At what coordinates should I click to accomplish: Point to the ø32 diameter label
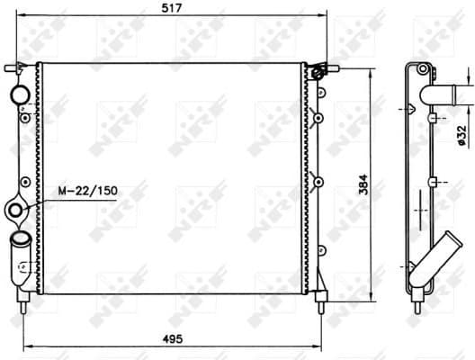coord(461,132)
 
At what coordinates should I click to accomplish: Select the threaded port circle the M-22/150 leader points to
coord(15,211)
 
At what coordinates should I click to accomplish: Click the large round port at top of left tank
coord(19,94)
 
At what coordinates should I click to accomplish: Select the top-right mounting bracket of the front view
coord(318,70)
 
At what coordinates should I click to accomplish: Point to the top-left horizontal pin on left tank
coord(13,67)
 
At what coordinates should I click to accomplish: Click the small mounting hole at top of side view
coord(420,71)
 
